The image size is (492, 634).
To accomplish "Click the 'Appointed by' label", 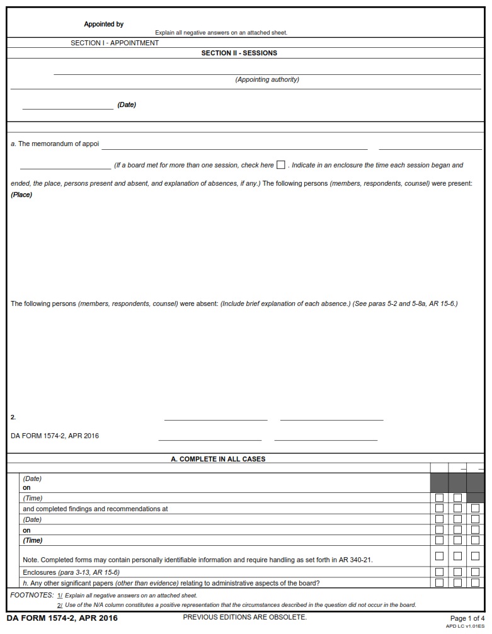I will pos(103,25).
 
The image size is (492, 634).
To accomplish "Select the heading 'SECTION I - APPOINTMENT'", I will pos(115,43).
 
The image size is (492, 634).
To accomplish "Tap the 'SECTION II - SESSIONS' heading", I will pos(239,54).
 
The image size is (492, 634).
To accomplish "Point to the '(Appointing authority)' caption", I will pos(267,80).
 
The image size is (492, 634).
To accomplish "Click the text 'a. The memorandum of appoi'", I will pos(55,144).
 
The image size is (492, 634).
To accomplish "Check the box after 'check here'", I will pos(281,165).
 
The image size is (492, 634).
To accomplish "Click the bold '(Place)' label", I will pos(21,195).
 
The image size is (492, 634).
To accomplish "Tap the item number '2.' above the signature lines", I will pos(13,417).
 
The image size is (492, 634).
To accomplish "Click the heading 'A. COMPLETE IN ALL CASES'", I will pos(218,460).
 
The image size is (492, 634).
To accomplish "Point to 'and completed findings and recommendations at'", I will pos(95,509).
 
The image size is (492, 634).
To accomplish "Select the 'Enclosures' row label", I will pos(39,573).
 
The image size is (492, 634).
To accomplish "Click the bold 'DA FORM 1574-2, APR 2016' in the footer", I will pos(62,618).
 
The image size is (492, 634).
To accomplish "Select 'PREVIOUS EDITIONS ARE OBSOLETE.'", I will pos(244,617).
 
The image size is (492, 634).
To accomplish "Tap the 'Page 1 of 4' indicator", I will pos(467,619).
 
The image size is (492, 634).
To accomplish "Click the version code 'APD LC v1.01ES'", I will pos(465,626).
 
